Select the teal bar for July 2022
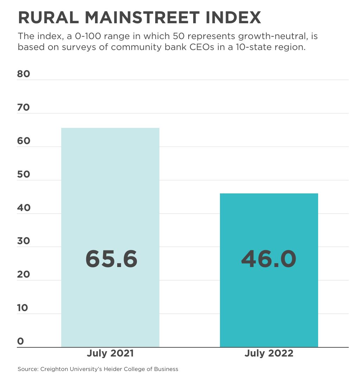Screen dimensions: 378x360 pos(269,225)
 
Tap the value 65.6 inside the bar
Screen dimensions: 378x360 pos(111,259)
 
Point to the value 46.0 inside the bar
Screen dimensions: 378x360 pos(269,259)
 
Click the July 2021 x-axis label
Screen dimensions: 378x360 pos(110,353)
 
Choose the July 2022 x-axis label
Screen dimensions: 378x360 pos(269,353)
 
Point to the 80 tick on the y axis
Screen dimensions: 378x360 pos(24,74)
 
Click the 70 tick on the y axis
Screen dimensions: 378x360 pos(24,107)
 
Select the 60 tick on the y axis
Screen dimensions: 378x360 pos(24,141)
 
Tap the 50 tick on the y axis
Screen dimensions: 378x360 pos(24,174)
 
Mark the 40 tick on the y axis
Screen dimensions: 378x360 pos(24,208)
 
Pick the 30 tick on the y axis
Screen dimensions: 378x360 pos(24,241)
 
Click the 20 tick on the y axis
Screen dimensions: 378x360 pos(24,274)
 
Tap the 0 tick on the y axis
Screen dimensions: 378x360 pos(20,341)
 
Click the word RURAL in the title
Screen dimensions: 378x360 pos(45,18)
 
